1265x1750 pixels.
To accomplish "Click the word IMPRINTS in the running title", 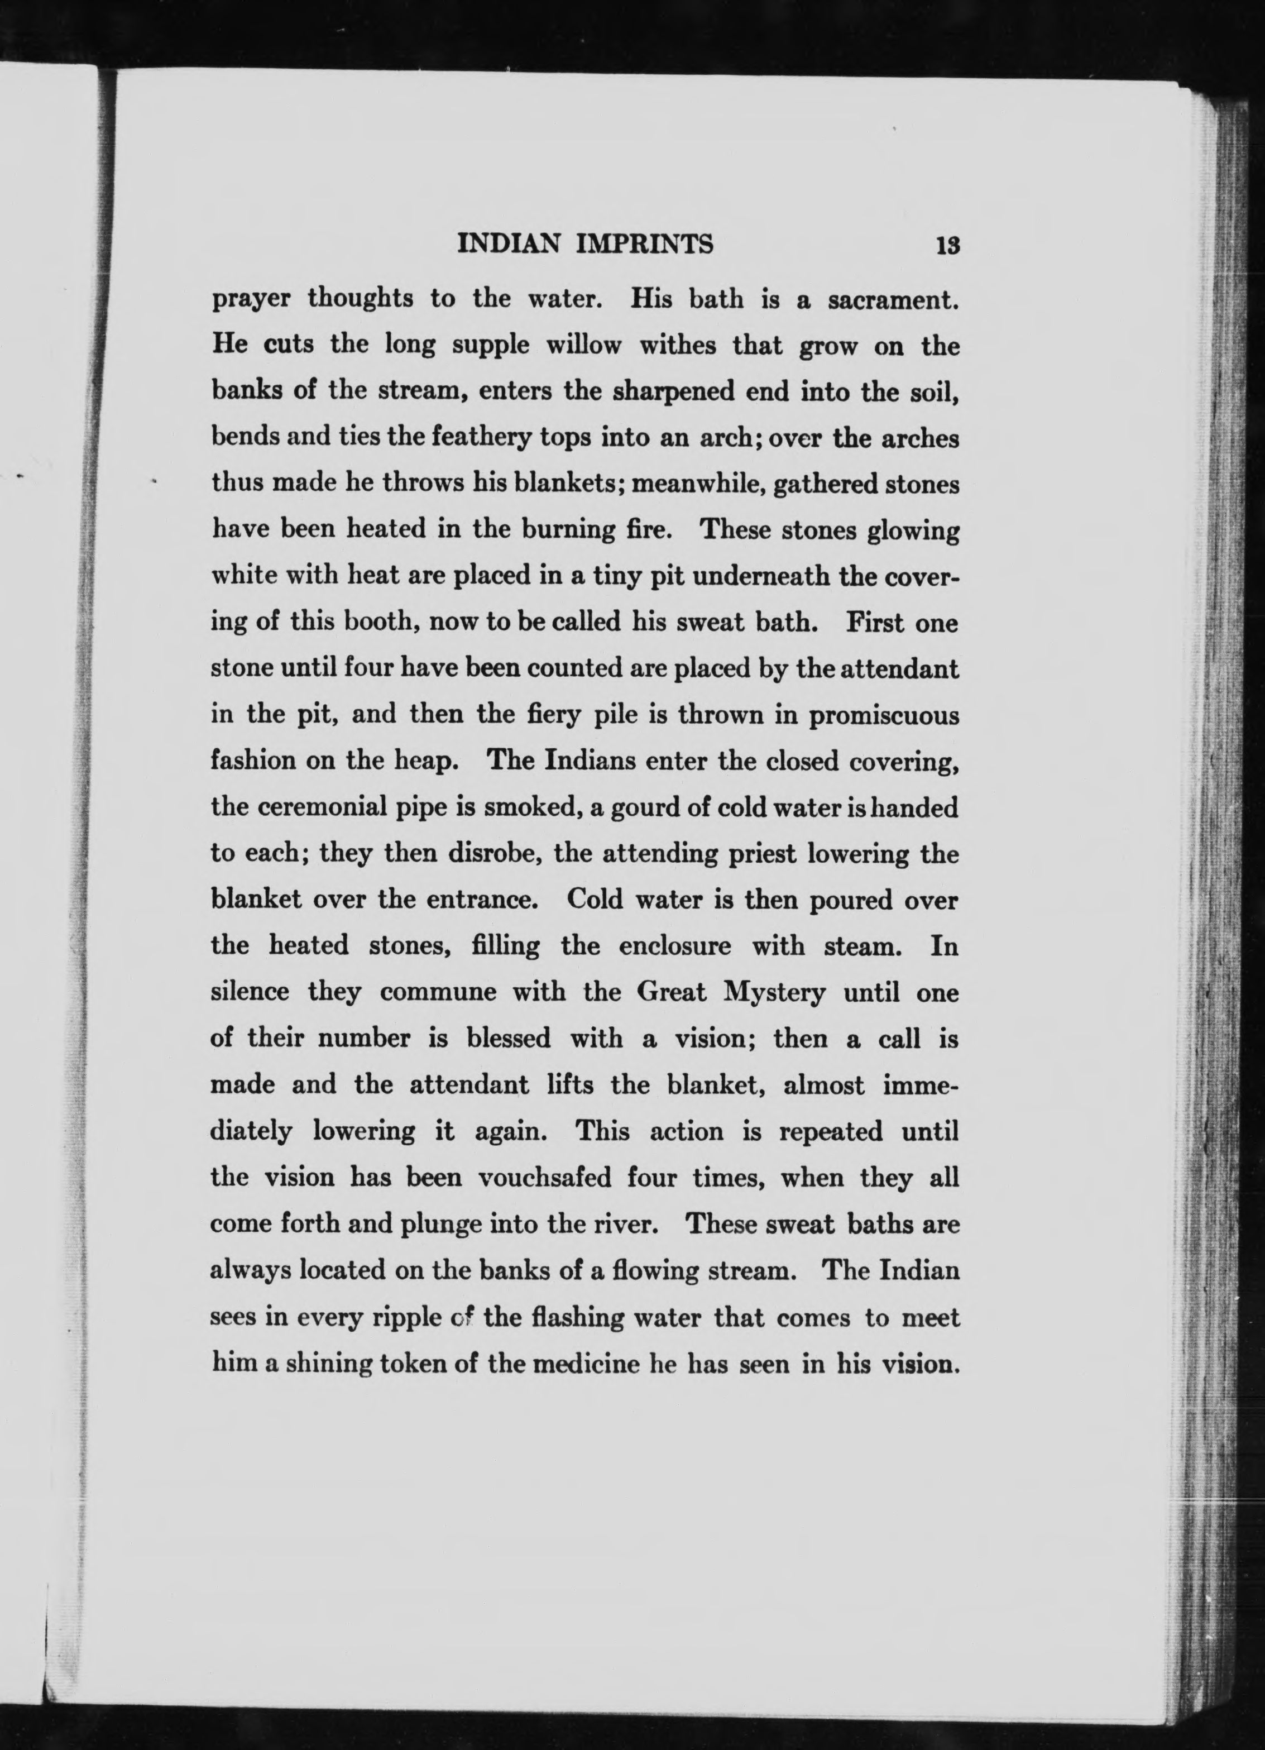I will pyautogui.click(x=645, y=244).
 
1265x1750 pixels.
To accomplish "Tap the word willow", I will pyautogui.click(x=583, y=346).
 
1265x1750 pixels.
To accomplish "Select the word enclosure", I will pyautogui.click(x=675, y=946).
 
